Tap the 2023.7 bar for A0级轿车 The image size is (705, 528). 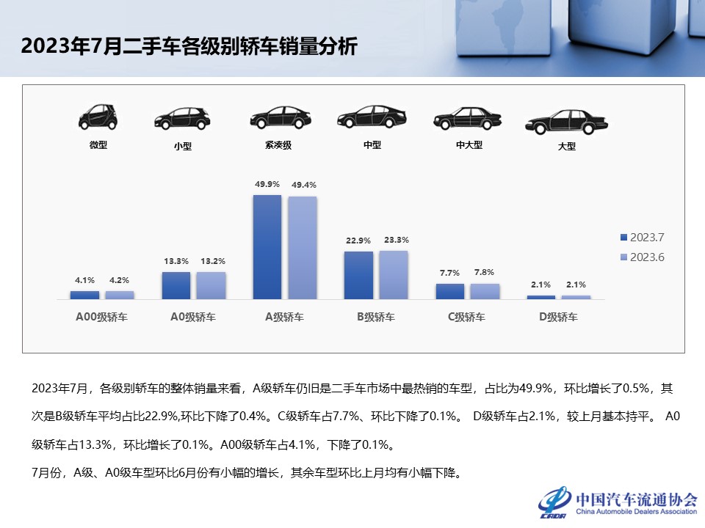point(176,285)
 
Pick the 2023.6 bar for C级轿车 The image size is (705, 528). point(485,291)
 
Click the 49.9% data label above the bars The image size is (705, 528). point(267,185)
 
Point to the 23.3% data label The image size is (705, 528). point(396,240)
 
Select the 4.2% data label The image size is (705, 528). point(119,280)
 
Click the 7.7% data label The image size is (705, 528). point(449,273)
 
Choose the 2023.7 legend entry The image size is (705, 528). point(643,238)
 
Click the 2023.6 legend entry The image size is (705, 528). point(643,257)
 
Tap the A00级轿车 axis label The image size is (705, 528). point(101,318)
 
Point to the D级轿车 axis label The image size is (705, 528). point(558,318)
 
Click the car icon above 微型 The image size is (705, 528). point(98,117)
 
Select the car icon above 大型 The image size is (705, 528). point(566,122)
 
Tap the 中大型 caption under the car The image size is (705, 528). point(469,145)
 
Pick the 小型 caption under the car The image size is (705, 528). point(182,146)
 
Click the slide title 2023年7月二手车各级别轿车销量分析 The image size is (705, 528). point(189,48)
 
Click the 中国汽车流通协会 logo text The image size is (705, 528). point(636,499)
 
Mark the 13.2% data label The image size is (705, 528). point(214,261)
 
